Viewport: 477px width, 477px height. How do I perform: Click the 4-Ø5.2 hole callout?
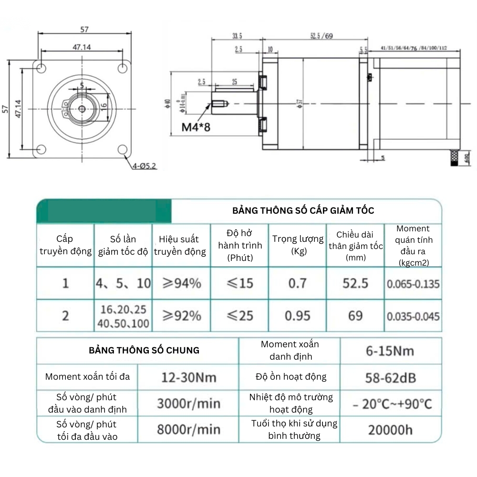[145, 166]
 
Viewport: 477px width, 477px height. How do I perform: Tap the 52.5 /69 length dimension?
[321, 36]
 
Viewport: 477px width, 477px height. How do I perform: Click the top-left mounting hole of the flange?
[41, 67]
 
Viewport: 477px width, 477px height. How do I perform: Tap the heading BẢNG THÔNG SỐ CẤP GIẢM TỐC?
[303, 210]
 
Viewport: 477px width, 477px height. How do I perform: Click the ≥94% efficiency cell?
[181, 283]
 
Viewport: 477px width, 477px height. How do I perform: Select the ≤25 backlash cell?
[239, 315]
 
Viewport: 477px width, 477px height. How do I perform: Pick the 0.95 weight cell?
[298, 315]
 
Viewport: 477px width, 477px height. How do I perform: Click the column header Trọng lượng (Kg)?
[298, 245]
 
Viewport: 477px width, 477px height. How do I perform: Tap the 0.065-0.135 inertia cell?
[413, 284]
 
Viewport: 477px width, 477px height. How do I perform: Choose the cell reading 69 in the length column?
[355, 315]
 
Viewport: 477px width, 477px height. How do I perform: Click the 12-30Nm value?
[188, 378]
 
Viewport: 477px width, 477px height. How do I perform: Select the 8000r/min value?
[188, 429]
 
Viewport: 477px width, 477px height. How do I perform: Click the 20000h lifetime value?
[390, 430]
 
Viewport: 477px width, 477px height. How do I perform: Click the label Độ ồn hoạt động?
[291, 377]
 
